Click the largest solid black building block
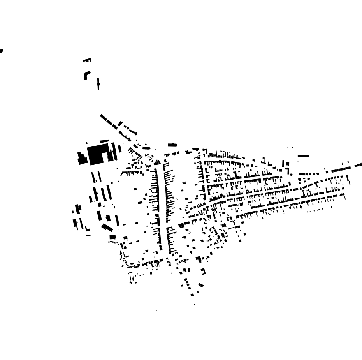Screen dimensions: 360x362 coord(97,154)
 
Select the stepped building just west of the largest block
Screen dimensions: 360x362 coord(82,159)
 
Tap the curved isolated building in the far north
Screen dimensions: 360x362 coord(86,75)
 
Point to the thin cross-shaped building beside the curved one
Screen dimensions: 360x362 coord(98,84)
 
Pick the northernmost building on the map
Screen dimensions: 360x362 coord(87,60)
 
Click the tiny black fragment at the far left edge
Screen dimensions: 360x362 coord(2,51)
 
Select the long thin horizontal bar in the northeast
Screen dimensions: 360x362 coord(304,156)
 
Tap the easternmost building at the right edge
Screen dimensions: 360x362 coord(358,165)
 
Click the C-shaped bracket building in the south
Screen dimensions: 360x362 coord(203,271)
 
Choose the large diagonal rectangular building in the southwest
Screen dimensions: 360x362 coord(107,227)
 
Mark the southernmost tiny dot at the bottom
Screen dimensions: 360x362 coord(156,310)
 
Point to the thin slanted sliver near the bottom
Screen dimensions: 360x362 coord(195,304)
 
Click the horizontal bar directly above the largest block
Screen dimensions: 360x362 coord(104,141)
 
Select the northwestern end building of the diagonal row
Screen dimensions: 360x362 coord(103,117)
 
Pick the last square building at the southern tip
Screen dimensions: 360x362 coord(192,295)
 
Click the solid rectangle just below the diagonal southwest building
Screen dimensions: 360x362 coord(112,237)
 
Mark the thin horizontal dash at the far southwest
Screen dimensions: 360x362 coord(88,235)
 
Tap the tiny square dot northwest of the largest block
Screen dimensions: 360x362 coord(87,143)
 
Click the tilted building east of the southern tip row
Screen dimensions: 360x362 coord(201,285)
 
